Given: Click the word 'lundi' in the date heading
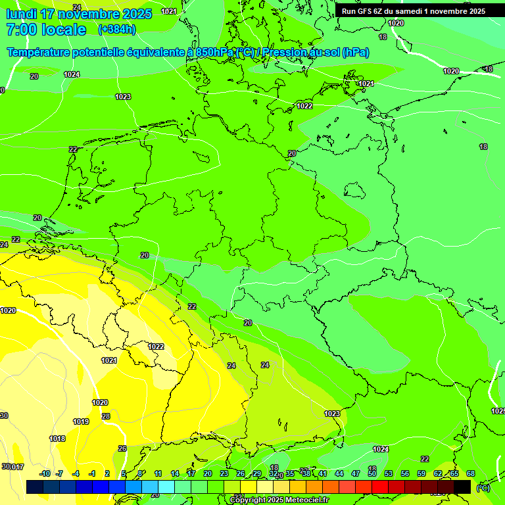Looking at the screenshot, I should pos(21,14).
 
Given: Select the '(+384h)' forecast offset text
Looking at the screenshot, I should pos(116,29).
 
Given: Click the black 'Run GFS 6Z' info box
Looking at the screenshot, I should pos(413,11).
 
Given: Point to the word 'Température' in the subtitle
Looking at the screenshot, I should pos(39,52).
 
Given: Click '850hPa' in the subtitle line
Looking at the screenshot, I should pos(215,52).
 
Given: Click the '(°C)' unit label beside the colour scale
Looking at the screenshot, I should pos(483,488).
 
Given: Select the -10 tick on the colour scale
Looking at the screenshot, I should pos(45,473).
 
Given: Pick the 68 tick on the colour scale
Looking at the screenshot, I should pos(471,473).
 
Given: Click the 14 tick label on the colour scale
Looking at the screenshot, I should pos(175,473).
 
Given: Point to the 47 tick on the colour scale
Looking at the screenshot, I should pos(356,473).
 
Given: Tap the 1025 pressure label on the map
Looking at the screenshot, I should pos(498,411).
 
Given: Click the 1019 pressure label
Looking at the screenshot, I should pos(81,421).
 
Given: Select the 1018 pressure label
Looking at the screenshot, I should pos(57,439).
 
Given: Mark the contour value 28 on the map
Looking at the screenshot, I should pos(106,416).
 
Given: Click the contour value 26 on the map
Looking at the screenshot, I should pos(122,448).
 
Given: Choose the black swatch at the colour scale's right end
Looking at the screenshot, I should pos(462,487).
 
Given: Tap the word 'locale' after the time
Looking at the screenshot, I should pos(64,30).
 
